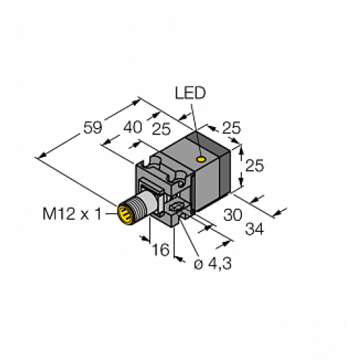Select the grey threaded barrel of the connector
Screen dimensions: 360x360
137,207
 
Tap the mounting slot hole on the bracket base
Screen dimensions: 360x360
180,212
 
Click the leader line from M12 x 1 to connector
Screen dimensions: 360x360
109,212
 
